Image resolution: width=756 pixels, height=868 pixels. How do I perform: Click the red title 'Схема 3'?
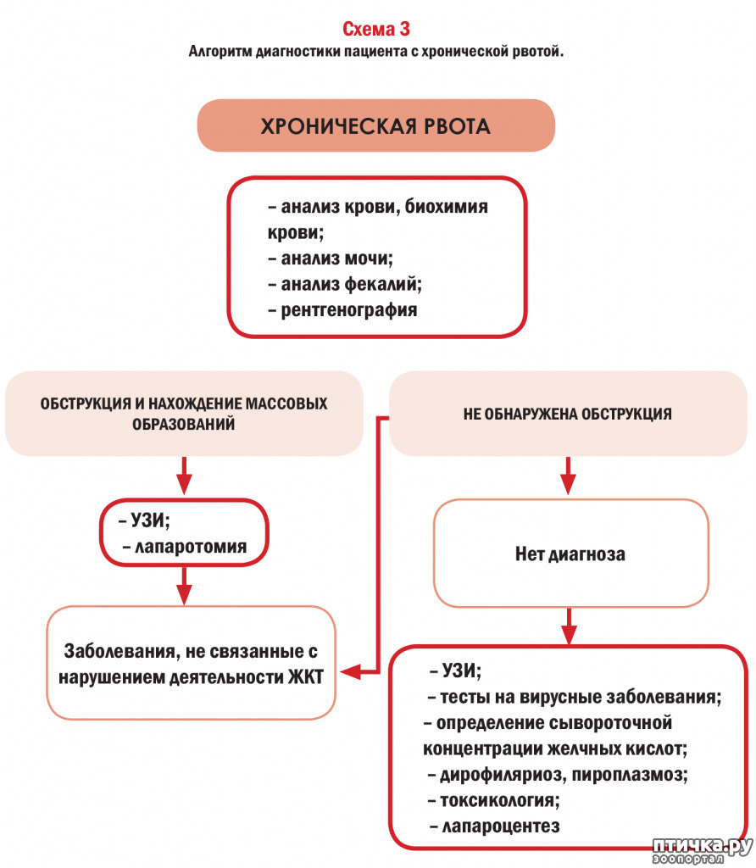375,29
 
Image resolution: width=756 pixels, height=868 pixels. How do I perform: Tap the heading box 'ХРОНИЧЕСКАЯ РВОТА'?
375,125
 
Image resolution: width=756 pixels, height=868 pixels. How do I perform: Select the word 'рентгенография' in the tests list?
348,310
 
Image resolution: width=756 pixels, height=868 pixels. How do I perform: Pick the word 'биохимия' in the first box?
446,207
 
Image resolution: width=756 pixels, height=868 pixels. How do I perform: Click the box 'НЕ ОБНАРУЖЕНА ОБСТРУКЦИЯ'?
568,414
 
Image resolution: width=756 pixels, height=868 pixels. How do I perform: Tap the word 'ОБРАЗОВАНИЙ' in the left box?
183,424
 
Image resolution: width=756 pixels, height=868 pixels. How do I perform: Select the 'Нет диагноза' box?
570,553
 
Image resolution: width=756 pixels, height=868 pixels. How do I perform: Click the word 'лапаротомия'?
191,547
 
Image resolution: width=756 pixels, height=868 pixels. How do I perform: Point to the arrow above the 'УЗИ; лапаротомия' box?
184,475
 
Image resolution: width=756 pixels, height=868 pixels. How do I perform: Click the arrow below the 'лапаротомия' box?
184,586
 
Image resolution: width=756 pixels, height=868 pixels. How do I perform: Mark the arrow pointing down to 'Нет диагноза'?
568,475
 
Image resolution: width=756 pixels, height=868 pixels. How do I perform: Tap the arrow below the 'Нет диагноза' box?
569,626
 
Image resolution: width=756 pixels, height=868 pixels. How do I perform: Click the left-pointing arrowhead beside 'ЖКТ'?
350,672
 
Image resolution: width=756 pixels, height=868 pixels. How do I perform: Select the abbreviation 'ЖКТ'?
306,677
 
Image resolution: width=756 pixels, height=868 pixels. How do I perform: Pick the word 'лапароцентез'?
501,826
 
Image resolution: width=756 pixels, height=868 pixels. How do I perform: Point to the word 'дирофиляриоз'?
500,775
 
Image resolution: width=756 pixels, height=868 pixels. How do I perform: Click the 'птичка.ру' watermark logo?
702,850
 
